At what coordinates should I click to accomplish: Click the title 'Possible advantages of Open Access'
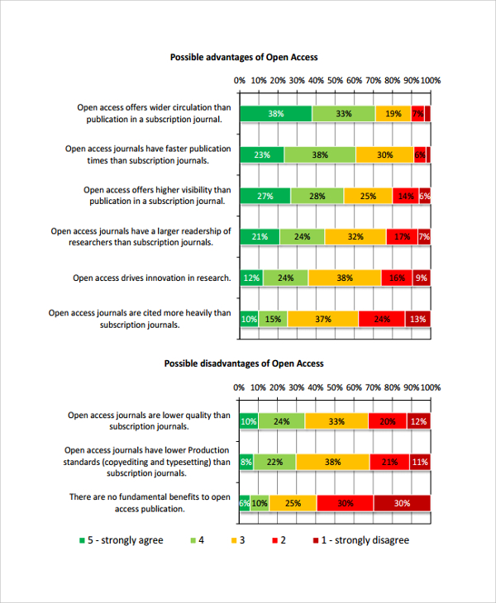(243, 57)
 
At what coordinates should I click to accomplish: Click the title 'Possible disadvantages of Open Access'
(243, 363)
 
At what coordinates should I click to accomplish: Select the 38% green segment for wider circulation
(276, 114)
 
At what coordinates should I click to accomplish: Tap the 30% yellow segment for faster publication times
(384, 154)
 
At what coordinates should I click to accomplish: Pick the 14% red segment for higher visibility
(405, 196)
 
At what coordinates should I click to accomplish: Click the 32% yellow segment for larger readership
(355, 237)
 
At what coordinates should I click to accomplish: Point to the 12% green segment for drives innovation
(251, 278)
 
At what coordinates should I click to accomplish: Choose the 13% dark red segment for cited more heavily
(417, 319)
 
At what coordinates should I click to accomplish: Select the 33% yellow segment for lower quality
(336, 421)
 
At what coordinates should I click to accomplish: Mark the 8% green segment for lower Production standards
(246, 462)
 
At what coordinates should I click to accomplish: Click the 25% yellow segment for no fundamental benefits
(293, 502)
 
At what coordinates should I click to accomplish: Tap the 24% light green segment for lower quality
(281, 421)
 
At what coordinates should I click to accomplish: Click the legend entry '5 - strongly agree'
(121, 540)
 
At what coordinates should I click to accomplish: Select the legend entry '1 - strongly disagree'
(361, 540)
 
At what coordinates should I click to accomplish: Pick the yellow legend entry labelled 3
(237, 540)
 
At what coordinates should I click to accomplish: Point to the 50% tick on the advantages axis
(335, 80)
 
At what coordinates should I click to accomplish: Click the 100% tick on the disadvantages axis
(430, 387)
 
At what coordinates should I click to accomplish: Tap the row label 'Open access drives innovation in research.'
(151, 278)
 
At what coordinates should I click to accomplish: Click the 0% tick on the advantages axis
(240, 80)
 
